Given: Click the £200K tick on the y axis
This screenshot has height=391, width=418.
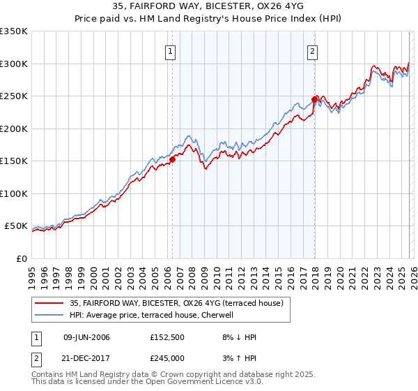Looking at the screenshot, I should [x=13, y=128].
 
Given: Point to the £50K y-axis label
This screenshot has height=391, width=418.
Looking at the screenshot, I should [x=15, y=226].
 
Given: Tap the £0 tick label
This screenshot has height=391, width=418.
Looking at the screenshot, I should [x=22, y=258].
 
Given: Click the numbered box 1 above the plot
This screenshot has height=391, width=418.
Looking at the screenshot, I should [x=171, y=51].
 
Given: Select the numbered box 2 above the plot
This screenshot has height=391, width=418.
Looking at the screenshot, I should [x=313, y=51].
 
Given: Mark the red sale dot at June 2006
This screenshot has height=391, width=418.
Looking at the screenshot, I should [x=172, y=159].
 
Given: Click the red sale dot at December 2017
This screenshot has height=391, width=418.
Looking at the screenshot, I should [x=314, y=99].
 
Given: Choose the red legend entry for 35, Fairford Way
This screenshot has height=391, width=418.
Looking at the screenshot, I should [x=176, y=303].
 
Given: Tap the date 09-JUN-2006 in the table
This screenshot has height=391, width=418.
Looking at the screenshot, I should [x=86, y=337].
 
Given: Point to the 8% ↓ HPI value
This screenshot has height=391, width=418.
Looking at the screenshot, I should [x=238, y=337].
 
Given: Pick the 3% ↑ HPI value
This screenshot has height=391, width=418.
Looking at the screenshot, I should [x=238, y=358].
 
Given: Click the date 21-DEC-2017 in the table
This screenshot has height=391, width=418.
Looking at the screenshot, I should [x=86, y=358].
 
